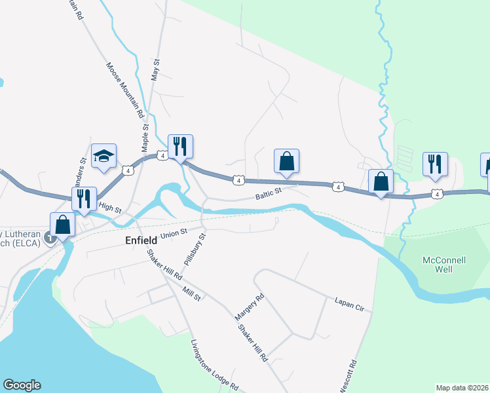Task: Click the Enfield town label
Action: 141,240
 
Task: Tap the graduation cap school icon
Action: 104,157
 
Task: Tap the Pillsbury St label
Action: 195,248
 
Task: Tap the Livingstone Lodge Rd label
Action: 214,365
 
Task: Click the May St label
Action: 155,68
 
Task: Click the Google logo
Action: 22,385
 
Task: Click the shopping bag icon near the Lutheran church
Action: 63,225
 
